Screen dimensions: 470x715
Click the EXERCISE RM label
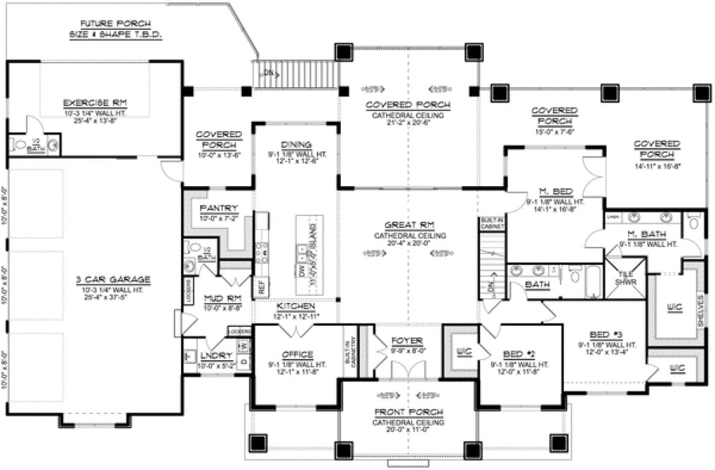point(95,101)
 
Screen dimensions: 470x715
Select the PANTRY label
point(219,208)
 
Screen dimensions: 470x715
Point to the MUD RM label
point(219,299)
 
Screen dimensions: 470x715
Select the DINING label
point(291,142)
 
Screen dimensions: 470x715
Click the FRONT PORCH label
point(409,412)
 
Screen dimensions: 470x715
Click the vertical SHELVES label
point(700,309)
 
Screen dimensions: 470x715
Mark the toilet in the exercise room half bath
point(18,147)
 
